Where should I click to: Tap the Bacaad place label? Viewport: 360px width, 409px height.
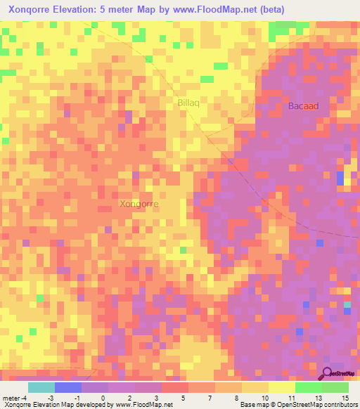click(303, 106)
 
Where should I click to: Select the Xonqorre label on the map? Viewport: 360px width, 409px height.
click(139, 204)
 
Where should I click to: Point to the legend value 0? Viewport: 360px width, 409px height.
click(103, 397)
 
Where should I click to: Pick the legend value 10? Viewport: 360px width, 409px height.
click(264, 397)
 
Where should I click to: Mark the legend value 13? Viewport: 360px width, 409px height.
click(316, 397)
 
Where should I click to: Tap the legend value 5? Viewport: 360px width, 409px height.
click(184, 397)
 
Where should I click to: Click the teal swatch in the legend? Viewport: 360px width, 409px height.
click(41, 387)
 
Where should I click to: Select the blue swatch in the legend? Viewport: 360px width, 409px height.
click(68, 387)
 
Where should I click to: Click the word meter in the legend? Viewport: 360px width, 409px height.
click(11, 397)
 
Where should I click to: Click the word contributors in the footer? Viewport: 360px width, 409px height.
click(339, 405)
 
